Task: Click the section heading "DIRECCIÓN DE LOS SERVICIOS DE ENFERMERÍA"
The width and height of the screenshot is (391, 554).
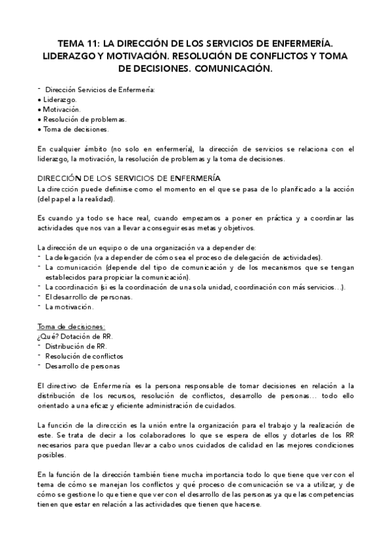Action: [x=129, y=178]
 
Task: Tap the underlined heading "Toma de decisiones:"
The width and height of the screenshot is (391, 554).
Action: [x=70, y=327]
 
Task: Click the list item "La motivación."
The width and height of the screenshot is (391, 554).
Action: [x=69, y=306]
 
